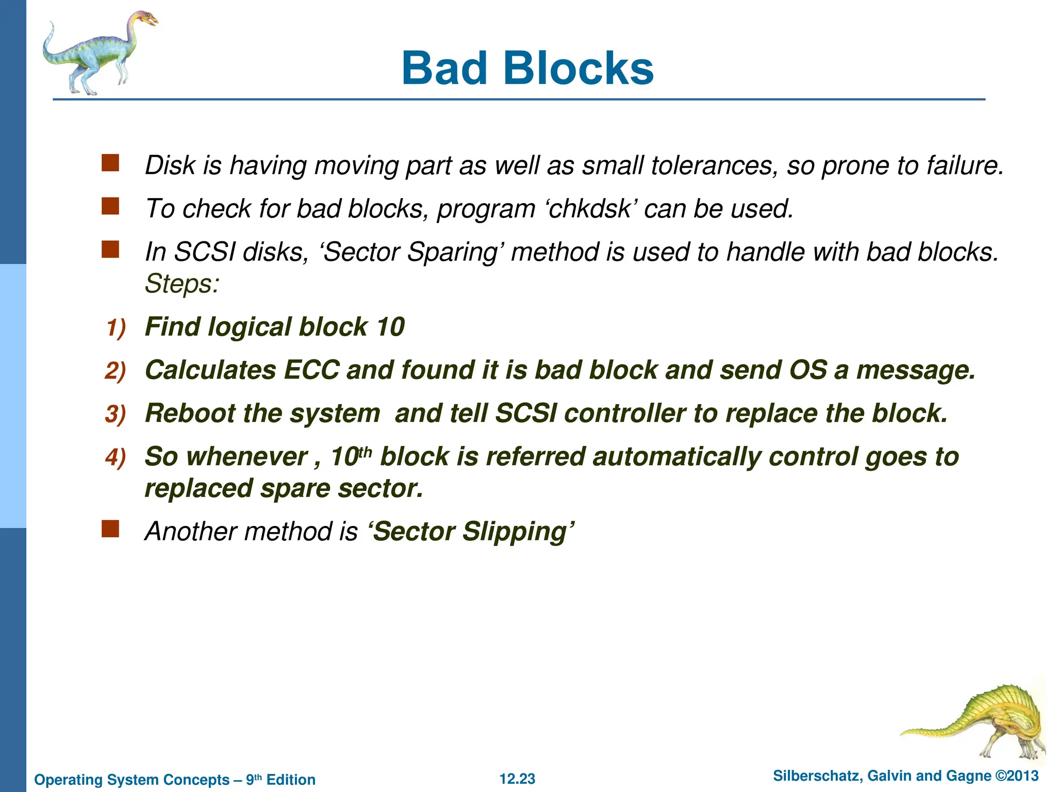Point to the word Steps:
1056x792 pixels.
click(x=182, y=284)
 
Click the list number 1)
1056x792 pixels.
click(x=116, y=328)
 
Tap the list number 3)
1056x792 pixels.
click(x=115, y=415)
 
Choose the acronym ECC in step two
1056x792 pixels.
click(x=311, y=370)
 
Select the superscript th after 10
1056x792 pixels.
click(x=365, y=452)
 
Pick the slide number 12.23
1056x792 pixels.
click(x=517, y=779)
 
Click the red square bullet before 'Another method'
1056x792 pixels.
click(x=110, y=529)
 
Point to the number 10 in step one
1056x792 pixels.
click(x=390, y=327)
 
